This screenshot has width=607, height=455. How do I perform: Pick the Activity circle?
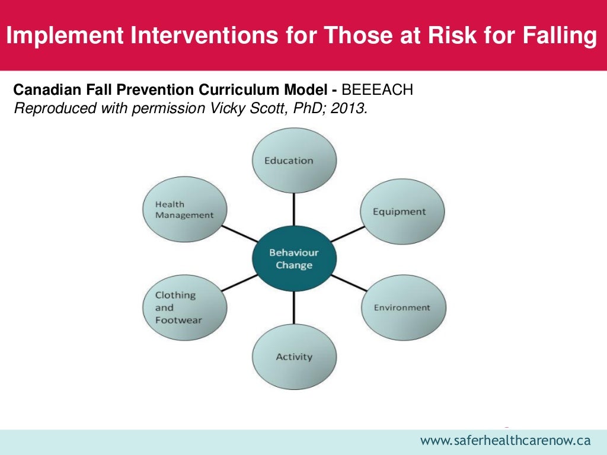click(294, 357)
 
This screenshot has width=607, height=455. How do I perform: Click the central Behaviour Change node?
click(294, 259)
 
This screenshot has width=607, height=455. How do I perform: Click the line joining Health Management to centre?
click(240, 233)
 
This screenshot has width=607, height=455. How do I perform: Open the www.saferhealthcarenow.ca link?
click(506, 440)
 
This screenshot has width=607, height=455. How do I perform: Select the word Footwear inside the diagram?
click(178, 320)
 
